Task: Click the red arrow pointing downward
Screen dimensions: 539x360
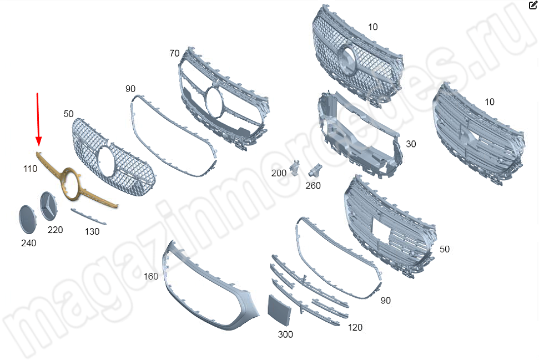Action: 38,119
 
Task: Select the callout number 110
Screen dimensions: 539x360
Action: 30,169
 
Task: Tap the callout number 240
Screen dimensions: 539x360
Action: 28,243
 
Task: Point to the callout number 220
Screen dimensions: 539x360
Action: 55,230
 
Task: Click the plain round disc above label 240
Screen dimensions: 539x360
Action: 28,220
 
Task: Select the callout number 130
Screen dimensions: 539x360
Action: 92,231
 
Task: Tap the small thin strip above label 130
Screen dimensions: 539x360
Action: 88,216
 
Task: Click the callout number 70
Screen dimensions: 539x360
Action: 174,53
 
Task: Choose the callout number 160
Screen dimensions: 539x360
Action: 150,276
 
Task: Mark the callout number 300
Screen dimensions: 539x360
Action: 285,334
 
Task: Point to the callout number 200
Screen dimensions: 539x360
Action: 279,173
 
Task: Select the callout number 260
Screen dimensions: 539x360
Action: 313,185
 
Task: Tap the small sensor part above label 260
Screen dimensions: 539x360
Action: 315,170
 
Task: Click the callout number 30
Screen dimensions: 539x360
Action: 411,144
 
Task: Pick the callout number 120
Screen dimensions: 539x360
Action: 355,327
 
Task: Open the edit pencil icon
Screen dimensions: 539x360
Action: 532,5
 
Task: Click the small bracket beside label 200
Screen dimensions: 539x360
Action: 295,168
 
